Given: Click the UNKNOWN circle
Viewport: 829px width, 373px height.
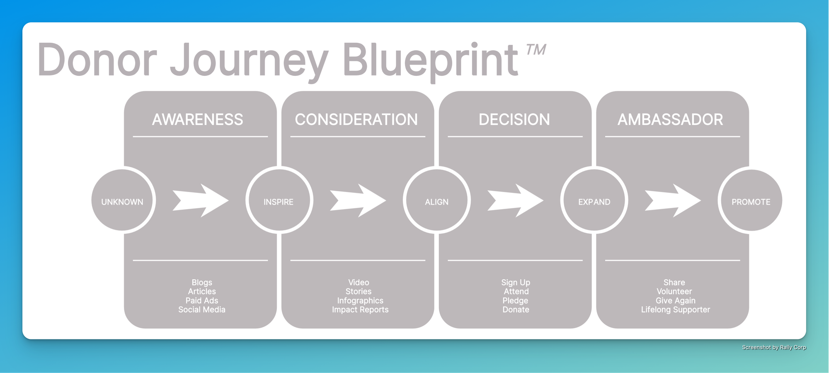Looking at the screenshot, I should pyautogui.click(x=123, y=201).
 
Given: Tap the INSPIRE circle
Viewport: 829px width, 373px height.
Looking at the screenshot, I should pyautogui.click(x=279, y=201).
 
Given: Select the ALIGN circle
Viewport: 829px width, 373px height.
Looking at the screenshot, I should pyautogui.click(x=437, y=201).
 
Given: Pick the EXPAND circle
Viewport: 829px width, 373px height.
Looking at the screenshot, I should pyautogui.click(x=594, y=201).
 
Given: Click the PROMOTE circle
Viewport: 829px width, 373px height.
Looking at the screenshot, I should pyautogui.click(x=751, y=201).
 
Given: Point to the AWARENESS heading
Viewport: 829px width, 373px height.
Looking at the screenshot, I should pyautogui.click(x=198, y=119).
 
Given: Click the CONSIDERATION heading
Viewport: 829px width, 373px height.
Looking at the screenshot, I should pyautogui.click(x=356, y=119).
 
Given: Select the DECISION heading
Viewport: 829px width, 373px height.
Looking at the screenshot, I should pyautogui.click(x=514, y=119).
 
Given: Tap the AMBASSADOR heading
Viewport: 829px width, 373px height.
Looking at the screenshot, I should pyautogui.click(x=670, y=119).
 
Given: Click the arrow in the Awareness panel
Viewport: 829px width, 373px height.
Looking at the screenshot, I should pyautogui.click(x=201, y=200).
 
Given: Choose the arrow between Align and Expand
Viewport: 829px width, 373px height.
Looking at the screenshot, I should pyautogui.click(x=515, y=200).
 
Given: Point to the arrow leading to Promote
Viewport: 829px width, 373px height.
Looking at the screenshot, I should pyautogui.click(x=673, y=200).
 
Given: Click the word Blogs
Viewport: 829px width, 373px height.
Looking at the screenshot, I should pyautogui.click(x=202, y=283).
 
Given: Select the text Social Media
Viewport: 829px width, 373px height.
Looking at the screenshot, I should pyautogui.click(x=202, y=310).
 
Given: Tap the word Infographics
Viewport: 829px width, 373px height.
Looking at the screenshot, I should pyautogui.click(x=360, y=300).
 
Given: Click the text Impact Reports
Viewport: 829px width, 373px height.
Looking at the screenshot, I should pyautogui.click(x=360, y=310).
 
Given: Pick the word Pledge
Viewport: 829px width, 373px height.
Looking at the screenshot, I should pyautogui.click(x=515, y=300).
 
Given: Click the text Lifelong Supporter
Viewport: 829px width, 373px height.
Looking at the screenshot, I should pyautogui.click(x=676, y=310).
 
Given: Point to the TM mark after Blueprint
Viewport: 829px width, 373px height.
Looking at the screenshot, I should pyautogui.click(x=536, y=50).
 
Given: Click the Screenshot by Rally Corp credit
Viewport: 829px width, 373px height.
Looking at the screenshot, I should pyautogui.click(x=774, y=347).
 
